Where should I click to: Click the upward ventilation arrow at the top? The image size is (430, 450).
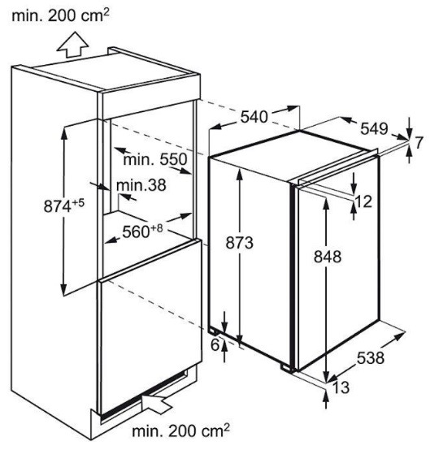tap(72, 45)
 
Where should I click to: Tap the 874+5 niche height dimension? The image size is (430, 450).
tap(64, 206)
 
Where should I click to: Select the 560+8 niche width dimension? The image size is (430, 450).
tap(142, 231)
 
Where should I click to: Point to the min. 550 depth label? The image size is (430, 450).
tap(155, 159)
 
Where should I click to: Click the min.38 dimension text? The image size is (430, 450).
tap(141, 185)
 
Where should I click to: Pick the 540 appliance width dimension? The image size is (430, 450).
tap(254, 117)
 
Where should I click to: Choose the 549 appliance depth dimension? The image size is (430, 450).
tap(374, 128)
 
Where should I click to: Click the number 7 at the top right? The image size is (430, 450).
tap(419, 143)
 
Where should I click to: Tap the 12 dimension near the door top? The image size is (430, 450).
tap(363, 201)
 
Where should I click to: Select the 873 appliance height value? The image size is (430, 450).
tap(239, 243)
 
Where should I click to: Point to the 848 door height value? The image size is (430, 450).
tap(328, 257)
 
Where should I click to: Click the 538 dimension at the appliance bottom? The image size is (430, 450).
tap(371, 358)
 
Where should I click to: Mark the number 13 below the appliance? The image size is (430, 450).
tap(341, 387)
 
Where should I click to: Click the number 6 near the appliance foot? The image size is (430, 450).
tap(215, 345)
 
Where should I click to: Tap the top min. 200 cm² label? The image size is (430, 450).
tap(61, 15)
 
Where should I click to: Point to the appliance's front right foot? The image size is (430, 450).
tap(287, 368)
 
